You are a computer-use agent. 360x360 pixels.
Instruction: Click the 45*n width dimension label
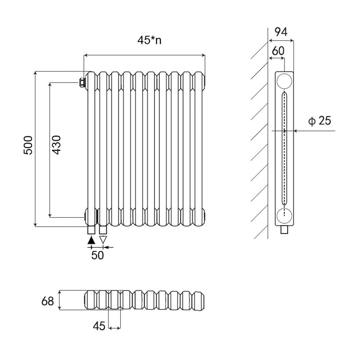[149, 40]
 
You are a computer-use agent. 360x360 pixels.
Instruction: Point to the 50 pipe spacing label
[97, 255]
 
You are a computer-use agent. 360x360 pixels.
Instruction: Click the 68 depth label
[47, 301]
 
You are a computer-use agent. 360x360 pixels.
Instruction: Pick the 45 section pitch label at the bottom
[99, 326]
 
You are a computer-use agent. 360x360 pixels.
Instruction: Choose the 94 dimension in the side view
[281, 32]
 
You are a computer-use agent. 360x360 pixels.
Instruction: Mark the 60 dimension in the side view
[278, 51]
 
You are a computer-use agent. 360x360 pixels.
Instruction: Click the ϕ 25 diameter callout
[319, 121]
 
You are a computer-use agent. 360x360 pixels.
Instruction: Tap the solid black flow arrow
[91, 239]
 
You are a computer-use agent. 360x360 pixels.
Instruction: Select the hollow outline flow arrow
[103, 239]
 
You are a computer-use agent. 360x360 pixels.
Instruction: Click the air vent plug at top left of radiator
[82, 82]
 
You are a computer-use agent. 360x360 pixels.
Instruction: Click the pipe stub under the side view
[284, 230]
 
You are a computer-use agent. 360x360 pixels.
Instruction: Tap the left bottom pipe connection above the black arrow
[91, 230]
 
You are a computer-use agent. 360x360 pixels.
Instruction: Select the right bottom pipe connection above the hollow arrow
[103, 230]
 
